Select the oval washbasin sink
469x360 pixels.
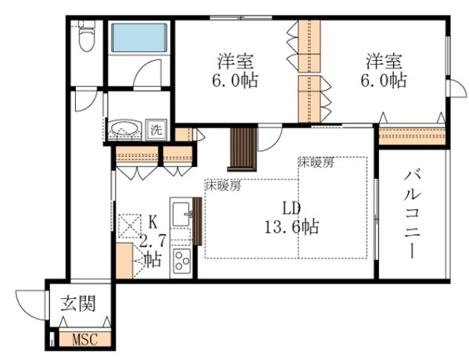[124, 129]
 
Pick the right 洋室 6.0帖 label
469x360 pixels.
[385, 70]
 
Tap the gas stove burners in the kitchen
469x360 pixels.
[181, 260]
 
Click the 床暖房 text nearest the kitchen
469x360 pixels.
[223, 186]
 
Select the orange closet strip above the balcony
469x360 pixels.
[411, 135]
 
